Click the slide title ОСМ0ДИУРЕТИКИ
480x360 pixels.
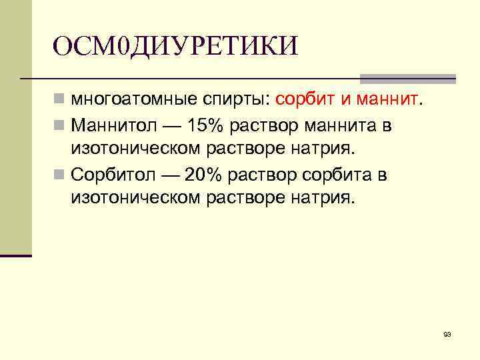pyautogui.click(x=175, y=46)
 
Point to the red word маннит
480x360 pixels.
pyautogui.click(x=387, y=101)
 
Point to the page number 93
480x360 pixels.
pyautogui.click(x=447, y=333)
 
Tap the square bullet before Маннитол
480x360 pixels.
pyautogui.click(x=60, y=125)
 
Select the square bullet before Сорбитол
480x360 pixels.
pyautogui.click(x=60, y=175)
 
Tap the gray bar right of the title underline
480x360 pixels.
pyautogui.click(x=407, y=78)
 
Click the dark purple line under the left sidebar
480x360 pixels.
pyautogui.click(x=16, y=255)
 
